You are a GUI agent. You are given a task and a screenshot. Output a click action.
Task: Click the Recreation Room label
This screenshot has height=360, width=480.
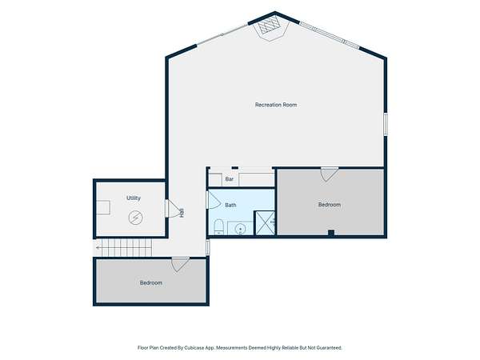[x=276, y=105]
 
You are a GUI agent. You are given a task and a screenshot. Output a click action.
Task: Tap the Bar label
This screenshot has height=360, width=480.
[x=230, y=179]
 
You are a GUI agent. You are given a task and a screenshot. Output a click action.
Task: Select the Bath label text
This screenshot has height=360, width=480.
[x=230, y=205]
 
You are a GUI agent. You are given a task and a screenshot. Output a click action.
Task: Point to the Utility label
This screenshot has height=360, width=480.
[x=134, y=198]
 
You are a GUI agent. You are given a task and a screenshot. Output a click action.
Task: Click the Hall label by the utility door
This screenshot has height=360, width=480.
[x=182, y=213]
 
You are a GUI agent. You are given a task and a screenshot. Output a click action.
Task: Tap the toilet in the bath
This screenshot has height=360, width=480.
[x=219, y=226]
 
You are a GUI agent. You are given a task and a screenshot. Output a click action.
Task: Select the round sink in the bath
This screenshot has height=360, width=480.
[x=240, y=229]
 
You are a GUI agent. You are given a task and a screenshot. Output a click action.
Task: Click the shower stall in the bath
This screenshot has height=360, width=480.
[x=265, y=223]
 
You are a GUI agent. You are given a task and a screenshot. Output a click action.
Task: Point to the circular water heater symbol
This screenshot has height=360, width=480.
[x=136, y=218]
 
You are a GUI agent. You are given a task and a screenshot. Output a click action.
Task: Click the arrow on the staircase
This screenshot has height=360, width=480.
[x=98, y=248]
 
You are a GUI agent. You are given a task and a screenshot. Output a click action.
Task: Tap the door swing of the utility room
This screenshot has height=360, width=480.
[x=172, y=209]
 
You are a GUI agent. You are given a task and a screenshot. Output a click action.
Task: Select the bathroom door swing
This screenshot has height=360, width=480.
[x=214, y=200]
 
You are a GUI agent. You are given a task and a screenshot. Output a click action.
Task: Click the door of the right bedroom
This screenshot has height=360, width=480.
[x=330, y=174]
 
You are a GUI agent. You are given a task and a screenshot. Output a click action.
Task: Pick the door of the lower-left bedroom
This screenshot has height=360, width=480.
[x=180, y=265]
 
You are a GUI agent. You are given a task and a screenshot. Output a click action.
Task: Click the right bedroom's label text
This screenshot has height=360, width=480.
[x=330, y=205]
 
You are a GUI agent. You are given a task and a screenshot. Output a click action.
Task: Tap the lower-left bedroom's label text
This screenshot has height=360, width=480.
[x=151, y=283]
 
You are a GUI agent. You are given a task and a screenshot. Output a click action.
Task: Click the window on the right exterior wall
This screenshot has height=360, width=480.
[x=386, y=124]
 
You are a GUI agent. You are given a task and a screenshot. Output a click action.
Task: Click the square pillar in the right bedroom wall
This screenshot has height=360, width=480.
[x=331, y=233]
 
